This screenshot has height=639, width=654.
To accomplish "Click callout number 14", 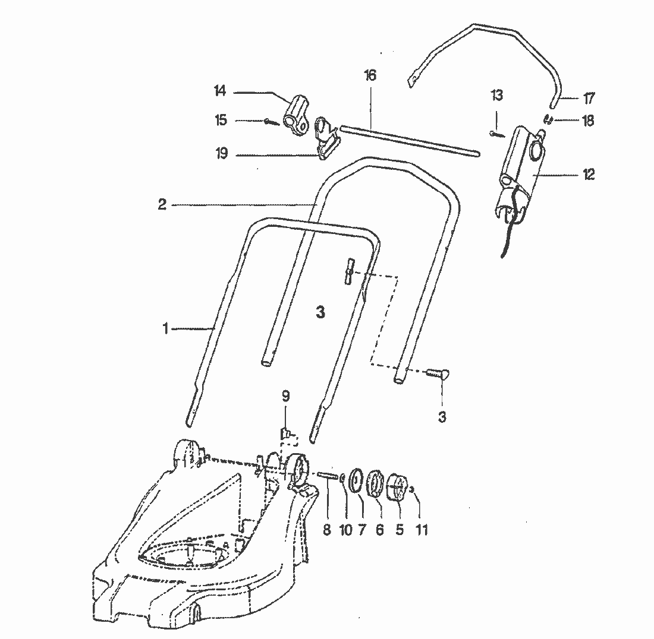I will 221,91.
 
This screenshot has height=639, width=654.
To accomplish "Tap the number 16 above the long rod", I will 370,75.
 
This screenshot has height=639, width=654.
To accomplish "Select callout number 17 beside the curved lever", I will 589,97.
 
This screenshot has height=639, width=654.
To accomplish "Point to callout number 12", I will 588,175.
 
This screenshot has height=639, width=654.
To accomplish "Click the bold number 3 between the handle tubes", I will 320,313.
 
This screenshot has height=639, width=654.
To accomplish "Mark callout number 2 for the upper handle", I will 162,204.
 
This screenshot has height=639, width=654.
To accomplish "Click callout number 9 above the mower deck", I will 285,395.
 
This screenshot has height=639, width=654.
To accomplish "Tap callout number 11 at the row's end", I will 422,529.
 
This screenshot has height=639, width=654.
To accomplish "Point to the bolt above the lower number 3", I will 438,373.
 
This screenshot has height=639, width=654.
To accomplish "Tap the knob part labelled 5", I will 398,488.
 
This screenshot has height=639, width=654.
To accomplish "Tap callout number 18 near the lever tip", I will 588,121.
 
